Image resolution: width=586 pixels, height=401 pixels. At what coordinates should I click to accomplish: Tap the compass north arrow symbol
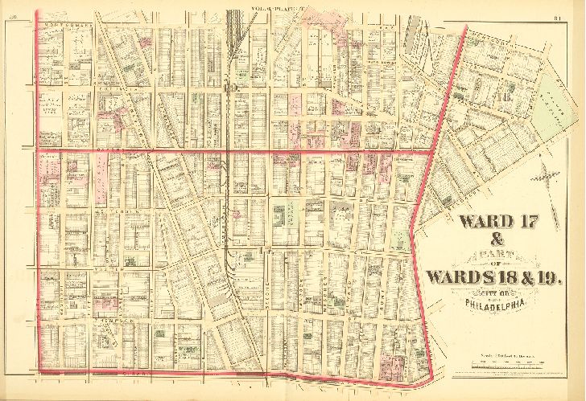(x=547, y=175)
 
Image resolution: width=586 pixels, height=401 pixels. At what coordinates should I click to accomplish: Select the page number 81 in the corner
(x=557, y=17)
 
